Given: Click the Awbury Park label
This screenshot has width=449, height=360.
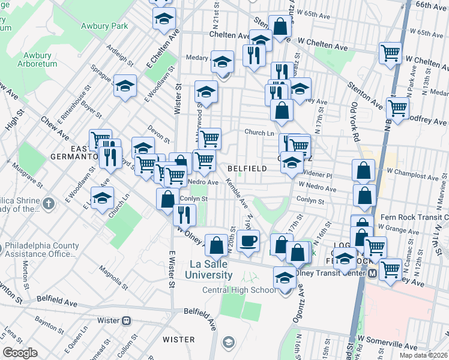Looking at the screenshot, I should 106,26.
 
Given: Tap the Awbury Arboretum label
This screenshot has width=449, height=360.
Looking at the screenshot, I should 36,59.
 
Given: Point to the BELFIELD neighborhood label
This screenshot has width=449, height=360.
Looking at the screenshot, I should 247,169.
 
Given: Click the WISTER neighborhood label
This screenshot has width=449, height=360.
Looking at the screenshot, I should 178,339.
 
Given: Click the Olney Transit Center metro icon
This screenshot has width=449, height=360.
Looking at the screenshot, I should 372,272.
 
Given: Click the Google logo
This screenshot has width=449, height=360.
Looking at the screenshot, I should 20,353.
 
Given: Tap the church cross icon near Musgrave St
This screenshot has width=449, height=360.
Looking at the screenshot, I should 49,203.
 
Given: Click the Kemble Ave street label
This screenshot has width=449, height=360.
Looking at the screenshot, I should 237,193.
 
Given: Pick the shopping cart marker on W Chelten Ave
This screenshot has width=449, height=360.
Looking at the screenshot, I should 390,54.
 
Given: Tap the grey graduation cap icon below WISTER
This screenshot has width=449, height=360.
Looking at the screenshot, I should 228,342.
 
